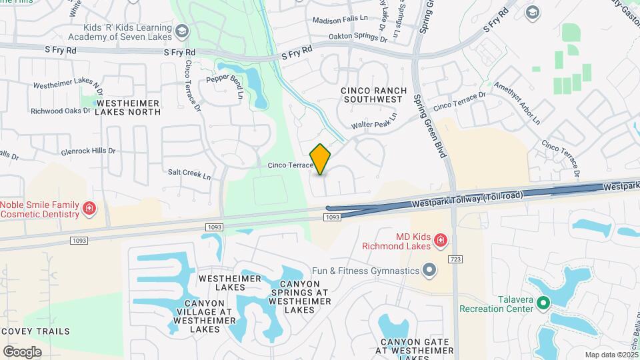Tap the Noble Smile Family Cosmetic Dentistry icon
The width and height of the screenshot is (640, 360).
tap(88, 210)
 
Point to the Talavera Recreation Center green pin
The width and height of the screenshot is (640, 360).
tap(543, 304)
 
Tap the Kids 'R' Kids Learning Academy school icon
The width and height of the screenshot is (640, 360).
tap(182, 31)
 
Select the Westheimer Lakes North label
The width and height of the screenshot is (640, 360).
tap(127, 107)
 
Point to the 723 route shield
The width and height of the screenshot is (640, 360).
tap(455, 258)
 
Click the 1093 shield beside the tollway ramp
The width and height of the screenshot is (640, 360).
tap(333, 217)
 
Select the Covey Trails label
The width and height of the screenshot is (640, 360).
tap(35, 331)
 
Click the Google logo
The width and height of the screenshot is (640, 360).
tap(22, 352)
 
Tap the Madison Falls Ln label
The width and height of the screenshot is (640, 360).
tap(340, 21)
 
